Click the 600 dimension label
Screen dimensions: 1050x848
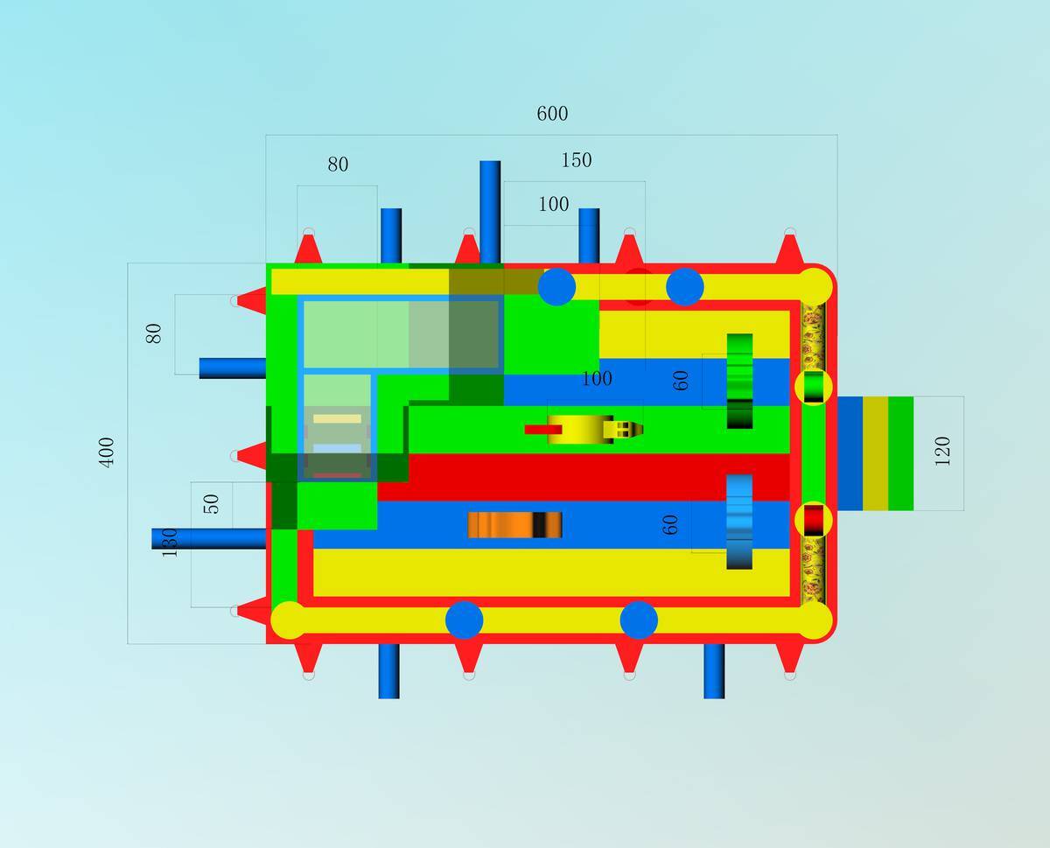(x=552, y=114)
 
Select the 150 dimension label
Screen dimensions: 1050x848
(x=577, y=160)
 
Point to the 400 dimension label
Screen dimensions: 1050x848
(x=107, y=452)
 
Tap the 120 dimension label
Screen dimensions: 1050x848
(x=942, y=451)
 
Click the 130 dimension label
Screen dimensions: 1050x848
(x=170, y=543)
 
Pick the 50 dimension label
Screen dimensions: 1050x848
(x=211, y=503)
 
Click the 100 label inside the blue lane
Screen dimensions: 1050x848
(x=597, y=379)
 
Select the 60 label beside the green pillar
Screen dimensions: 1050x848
(x=681, y=380)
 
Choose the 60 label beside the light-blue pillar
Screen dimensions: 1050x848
(x=670, y=524)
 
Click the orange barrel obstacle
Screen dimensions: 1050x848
(x=514, y=524)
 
